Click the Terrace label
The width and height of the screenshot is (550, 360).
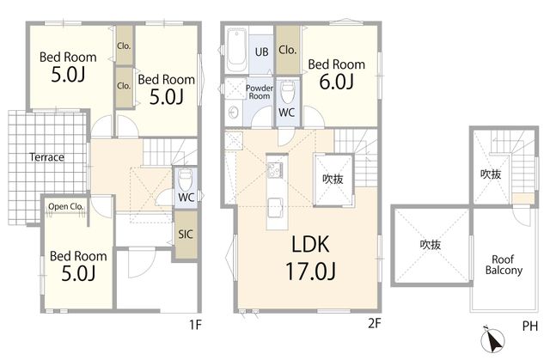click(x=46, y=157)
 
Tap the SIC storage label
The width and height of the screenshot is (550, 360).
click(x=186, y=235)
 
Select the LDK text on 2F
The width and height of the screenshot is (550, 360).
click(x=310, y=244)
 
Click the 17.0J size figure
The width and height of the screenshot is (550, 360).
click(x=310, y=271)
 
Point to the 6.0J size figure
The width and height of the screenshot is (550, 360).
click(x=336, y=82)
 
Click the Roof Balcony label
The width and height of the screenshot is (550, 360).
click(x=504, y=265)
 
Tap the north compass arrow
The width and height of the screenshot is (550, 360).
click(x=492, y=340)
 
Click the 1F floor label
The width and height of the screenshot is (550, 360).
click(x=195, y=325)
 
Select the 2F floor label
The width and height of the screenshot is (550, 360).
click(x=375, y=323)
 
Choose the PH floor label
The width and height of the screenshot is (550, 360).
click(x=530, y=326)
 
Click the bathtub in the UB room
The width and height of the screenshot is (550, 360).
click(x=236, y=51)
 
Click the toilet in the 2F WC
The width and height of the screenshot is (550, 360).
click(x=287, y=93)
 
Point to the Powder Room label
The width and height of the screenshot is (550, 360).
click(x=260, y=92)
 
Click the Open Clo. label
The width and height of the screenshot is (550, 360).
click(x=65, y=207)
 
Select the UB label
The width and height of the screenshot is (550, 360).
click(x=261, y=52)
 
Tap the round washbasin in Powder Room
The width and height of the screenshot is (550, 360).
click(x=233, y=113)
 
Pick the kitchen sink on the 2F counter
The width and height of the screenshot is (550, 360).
click(x=276, y=206)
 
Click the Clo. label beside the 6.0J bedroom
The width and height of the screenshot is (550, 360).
click(x=288, y=50)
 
